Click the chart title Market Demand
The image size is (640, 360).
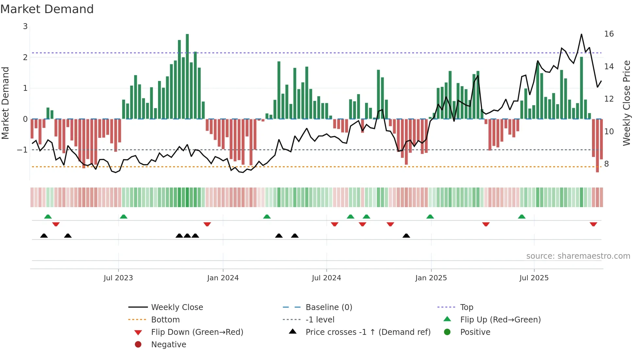(x=47, y=9)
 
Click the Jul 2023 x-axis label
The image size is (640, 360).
(x=118, y=278)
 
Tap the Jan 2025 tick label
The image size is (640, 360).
(x=431, y=278)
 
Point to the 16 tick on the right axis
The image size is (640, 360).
(x=609, y=34)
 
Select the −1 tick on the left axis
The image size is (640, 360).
(x=23, y=150)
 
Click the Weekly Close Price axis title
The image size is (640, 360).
(x=626, y=103)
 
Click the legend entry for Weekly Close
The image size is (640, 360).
(x=177, y=307)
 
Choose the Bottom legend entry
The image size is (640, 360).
(x=165, y=320)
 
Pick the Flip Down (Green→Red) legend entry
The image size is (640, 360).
(x=197, y=332)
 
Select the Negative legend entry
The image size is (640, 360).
(x=168, y=345)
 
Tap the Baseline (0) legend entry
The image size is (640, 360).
(x=328, y=307)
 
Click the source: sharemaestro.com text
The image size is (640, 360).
(x=578, y=256)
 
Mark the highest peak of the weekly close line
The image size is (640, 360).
(x=582, y=34)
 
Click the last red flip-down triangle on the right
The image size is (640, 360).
(x=593, y=224)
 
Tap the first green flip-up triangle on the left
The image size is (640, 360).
(x=48, y=216)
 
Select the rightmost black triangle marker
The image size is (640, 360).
(x=406, y=236)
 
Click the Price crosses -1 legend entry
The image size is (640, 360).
(x=368, y=332)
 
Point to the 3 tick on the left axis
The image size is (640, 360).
(x=25, y=26)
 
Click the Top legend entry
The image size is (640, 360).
(x=466, y=307)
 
